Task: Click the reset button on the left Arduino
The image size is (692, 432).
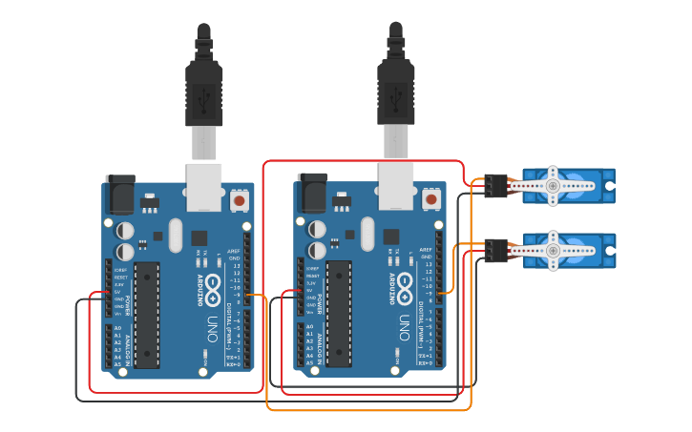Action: click(239, 200)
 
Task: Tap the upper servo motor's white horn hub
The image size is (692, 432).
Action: click(553, 185)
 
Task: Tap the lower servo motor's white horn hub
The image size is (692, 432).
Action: click(553, 250)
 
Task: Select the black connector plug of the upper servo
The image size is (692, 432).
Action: click(493, 184)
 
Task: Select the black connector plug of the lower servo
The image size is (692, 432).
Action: click(495, 250)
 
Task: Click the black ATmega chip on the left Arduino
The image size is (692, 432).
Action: click(147, 314)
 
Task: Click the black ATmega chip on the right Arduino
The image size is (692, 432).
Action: click(339, 314)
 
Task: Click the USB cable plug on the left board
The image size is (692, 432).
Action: click(203, 95)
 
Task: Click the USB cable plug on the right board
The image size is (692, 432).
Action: click(395, 95)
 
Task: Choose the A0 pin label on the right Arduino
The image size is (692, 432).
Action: click(309, 328)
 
